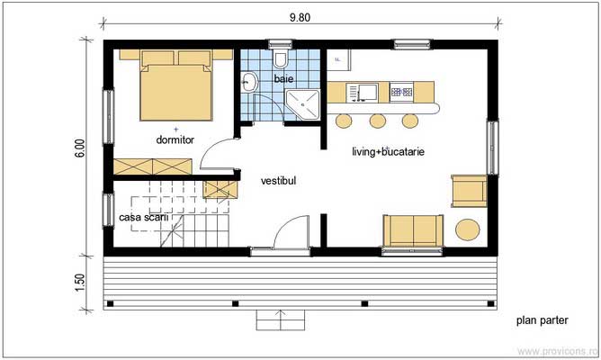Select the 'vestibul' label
[278, 181]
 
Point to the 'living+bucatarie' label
[388, 152]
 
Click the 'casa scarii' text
[143, 217]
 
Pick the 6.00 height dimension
[79, 148]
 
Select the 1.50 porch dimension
[79, 281]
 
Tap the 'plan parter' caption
[543, 319]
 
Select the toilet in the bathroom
[281, 60]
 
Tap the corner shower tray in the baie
[306, 105]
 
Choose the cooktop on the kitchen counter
[400, 91]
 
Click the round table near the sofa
[467, 229]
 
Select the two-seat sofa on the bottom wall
[413, 230]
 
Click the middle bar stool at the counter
[377, 120]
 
